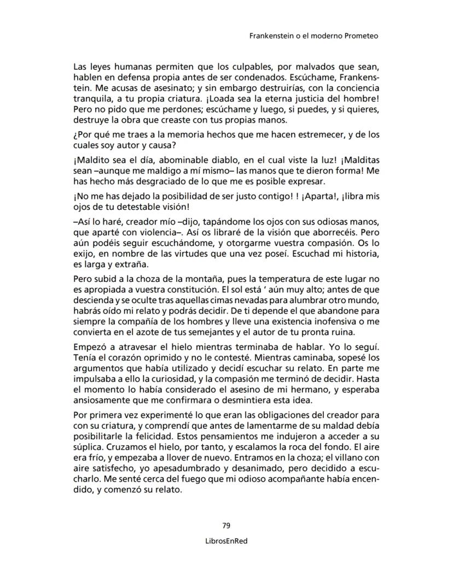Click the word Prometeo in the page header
(359, 37)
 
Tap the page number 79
(226, 525)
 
